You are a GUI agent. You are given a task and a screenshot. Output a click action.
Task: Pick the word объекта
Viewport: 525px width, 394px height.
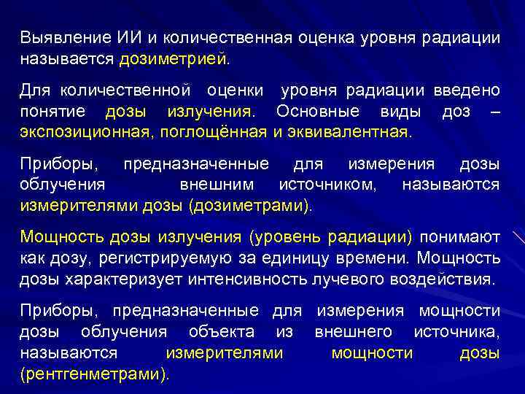click(x=221, y=332)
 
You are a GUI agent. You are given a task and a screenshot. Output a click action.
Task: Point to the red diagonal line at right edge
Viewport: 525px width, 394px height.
click(x=518, y=240)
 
